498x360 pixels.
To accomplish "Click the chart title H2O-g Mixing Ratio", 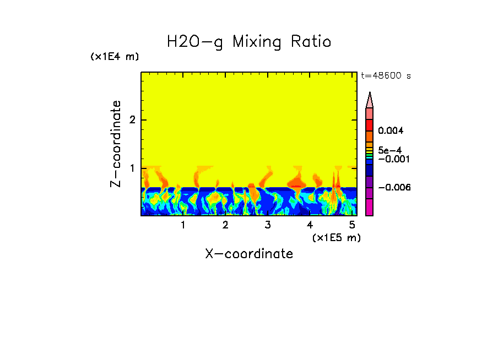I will (x=249, y=42).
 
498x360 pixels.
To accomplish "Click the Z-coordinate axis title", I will (x=116, y=144).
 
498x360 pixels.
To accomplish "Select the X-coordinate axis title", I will (x=249, y=254).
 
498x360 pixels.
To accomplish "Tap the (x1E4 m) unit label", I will (x=115, y=56).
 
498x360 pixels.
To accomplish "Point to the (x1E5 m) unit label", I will (x=336, y=237).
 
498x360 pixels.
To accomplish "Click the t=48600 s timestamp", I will (x=386, y=76).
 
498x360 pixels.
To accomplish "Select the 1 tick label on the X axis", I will (x=183, y=225).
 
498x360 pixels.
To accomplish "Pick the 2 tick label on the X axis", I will (x=225, y=225).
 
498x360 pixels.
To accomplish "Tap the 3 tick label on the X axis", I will (x=268, y=225).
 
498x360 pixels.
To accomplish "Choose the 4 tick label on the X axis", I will (x=310, y=225).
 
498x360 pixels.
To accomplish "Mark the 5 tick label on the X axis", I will (x=352, y=225).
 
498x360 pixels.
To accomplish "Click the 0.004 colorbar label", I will (x=391, y=131).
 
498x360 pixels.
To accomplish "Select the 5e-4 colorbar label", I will (x=389, y=150).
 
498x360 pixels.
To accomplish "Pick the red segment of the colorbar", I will (x=370, y=124).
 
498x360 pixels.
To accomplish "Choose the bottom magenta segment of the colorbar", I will (x=370, y=207).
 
